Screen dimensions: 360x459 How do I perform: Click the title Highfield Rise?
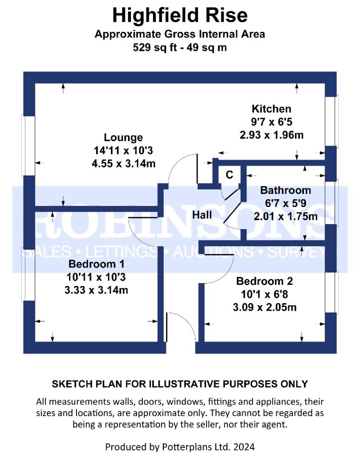(x=180, y=15)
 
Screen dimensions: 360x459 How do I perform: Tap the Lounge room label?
(x=124, y=137)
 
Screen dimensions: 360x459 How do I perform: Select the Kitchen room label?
(x=272, y=109)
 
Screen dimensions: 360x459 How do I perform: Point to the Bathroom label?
(x=286, y=190)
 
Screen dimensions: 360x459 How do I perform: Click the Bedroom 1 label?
(x=96, y=264)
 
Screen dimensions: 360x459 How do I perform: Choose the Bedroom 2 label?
(x=265, y=281)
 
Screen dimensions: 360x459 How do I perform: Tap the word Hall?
(x=202, y=215)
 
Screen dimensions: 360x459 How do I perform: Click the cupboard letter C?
(x=230, y=175)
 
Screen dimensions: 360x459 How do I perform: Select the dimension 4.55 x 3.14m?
(x=124, y=163)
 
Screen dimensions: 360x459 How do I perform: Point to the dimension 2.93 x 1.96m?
(x=272, y=135)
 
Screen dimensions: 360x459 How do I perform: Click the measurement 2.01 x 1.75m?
(x=286, y=216)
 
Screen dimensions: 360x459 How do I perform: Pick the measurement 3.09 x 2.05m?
(x=265, y=307)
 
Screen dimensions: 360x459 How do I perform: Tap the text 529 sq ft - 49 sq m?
(x=180, y=48)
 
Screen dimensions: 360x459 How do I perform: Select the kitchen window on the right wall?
(x=332, y=121)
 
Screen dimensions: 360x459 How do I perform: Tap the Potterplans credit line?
(x=180, y=447)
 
